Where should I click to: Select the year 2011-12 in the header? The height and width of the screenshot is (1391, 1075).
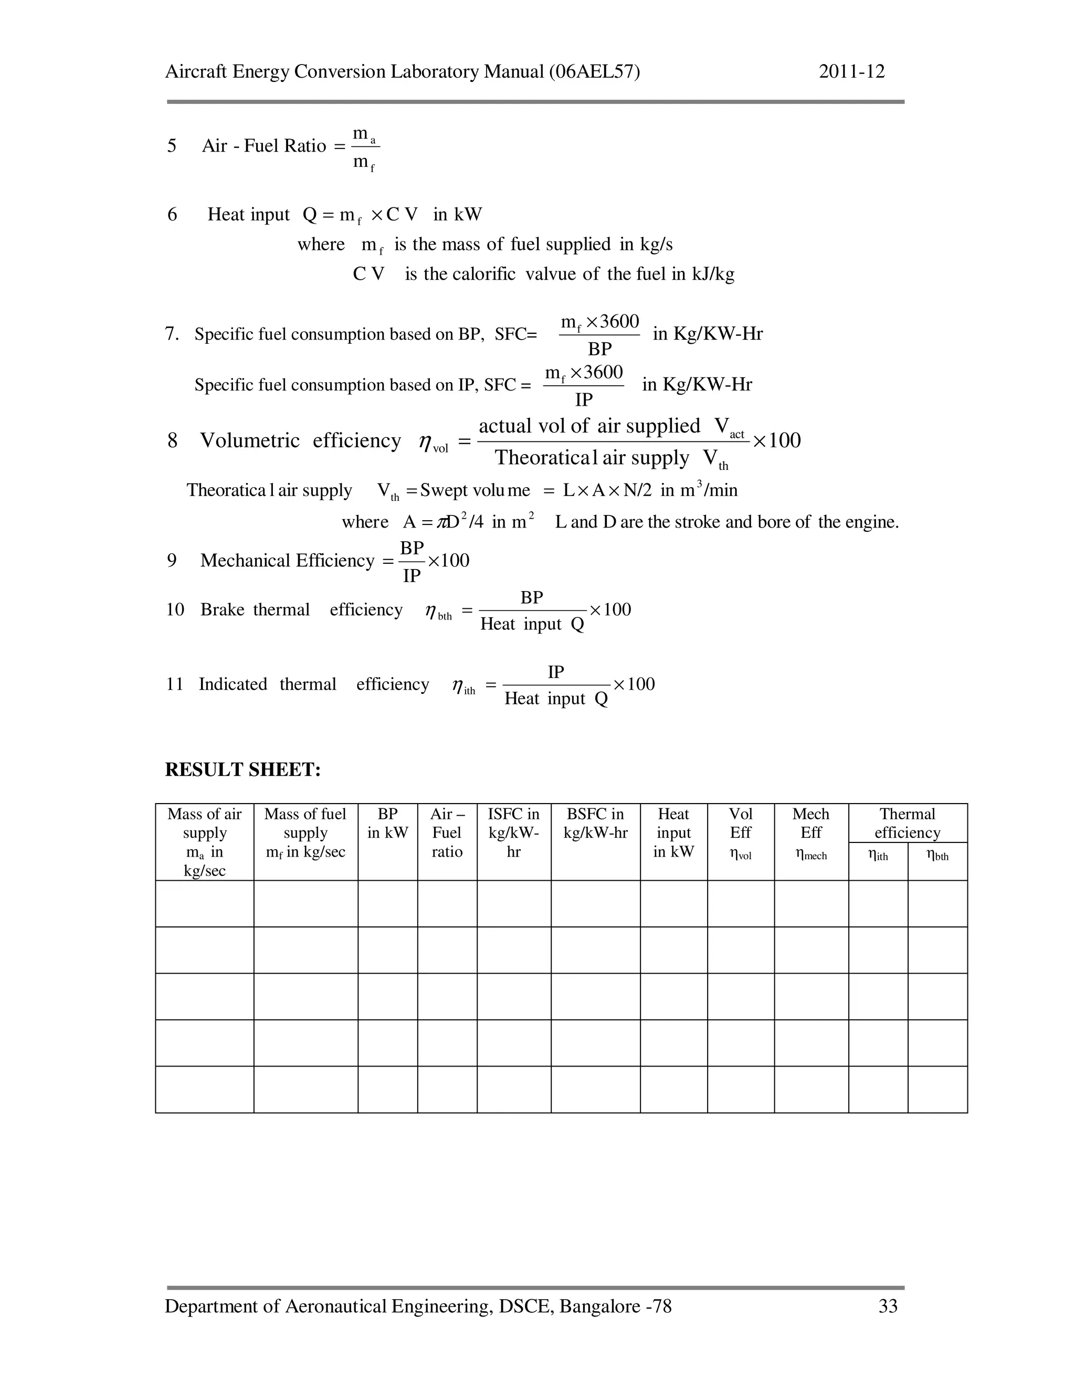(x=851, y=71)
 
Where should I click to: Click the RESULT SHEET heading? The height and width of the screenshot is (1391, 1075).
(x=243, y=770)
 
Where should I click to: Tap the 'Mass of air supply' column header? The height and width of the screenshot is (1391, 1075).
(x=204, y=841)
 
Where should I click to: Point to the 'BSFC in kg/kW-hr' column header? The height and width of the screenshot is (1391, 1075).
(x=595, y=823)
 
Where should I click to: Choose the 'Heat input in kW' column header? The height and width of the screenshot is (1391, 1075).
(x=673, y=833)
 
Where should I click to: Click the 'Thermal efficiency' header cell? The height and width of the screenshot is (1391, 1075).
(x=907, y=823)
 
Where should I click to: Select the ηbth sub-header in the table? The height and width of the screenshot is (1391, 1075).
(x=937, y=856)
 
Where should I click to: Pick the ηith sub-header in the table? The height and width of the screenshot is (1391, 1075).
(x=878, y=856)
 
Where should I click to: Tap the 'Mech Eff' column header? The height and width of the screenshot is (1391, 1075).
(x=810, y=833)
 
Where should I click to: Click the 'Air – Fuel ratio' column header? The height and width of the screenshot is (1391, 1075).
(x=447, y=833)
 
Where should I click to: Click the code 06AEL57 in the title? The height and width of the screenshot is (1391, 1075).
(x=594, y=71)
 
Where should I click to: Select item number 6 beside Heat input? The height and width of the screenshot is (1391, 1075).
(x=172, y=215)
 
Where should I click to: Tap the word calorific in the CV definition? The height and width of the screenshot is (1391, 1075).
(x=483, y=274)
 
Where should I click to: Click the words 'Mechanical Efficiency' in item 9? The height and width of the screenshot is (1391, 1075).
(x=287, y=561)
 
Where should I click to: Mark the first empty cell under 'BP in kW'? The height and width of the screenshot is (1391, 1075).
(x=387, y=903)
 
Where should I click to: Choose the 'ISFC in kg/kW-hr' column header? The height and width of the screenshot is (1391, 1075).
(x=513, y=833)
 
